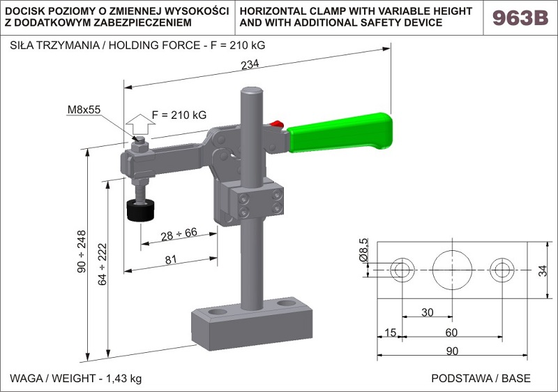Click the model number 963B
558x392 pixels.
point(520,18)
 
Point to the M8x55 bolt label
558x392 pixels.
point(84,110)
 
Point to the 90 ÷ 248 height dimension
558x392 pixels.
point(82,250)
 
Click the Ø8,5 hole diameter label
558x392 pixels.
point(363,250)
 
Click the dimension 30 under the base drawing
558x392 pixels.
point(427,312)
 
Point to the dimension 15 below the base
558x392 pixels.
point(389,333)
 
